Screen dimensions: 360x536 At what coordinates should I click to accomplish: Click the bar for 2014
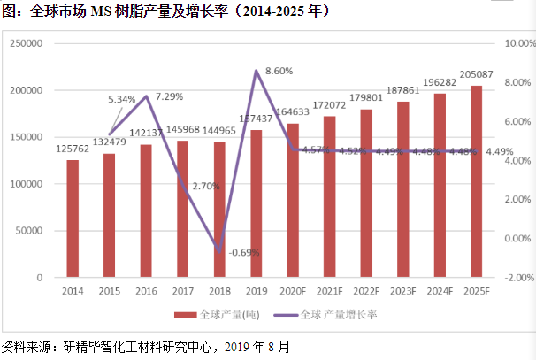coord(73,218)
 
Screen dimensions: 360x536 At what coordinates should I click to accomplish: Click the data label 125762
coord(73,149)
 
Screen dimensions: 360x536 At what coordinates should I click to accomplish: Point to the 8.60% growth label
coord(279,70)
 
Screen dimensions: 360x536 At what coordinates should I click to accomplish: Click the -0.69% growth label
coord(243,253)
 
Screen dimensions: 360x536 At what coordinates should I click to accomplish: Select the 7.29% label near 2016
coord(170,96)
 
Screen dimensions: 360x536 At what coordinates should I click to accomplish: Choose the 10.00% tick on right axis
coord(517,43)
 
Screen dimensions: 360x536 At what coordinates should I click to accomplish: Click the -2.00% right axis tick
coord(517,278)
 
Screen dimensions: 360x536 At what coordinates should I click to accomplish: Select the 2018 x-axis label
coord(219,290)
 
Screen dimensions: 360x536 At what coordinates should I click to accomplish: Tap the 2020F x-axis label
coord(293,290)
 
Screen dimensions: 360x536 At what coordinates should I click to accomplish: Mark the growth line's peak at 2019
coord(256,71)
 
